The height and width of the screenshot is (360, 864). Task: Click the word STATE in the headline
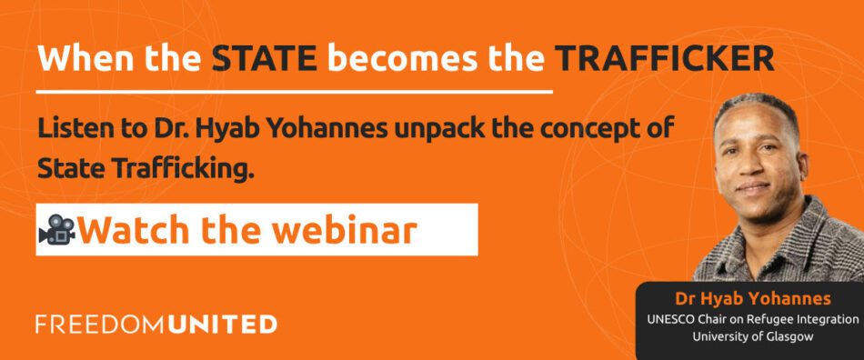(x=265, y=58)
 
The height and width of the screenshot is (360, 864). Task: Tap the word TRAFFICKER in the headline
(x=664, y=58)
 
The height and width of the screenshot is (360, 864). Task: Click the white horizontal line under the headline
(x=295, y=92)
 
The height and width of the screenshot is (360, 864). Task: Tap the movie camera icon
(x=56, y=229)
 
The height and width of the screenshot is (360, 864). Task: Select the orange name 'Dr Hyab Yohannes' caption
(x=753, y=299)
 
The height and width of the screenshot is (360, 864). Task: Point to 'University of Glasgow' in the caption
(x=753, y=336)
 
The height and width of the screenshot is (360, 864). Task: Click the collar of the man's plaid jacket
(x=793, y=231)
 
